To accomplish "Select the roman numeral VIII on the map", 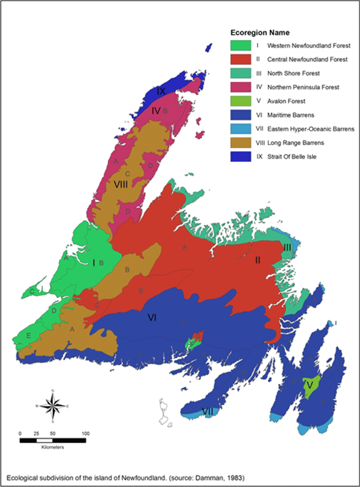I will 121,184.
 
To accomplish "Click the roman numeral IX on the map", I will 161,91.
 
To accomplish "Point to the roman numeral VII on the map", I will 206,411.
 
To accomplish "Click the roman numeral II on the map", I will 261,261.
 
